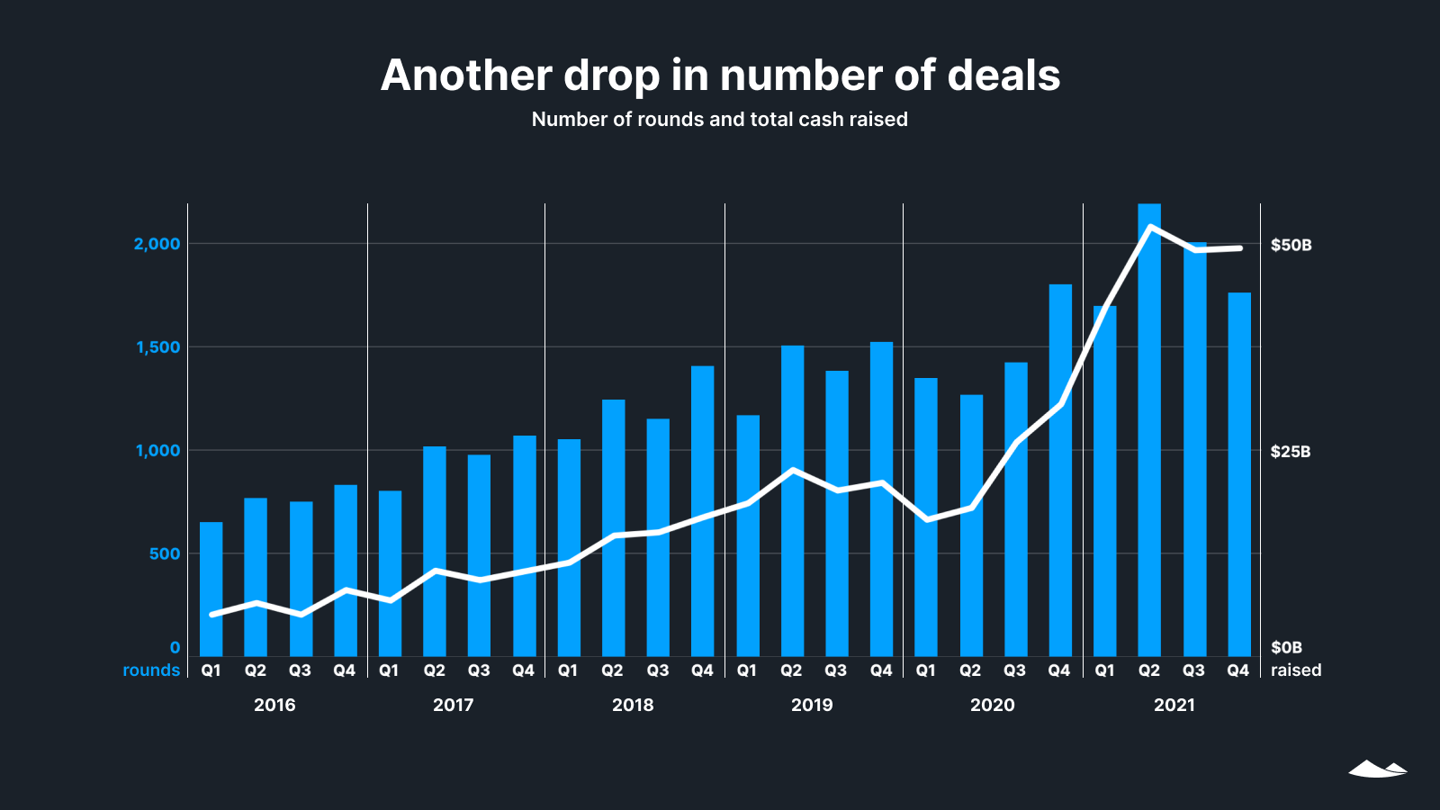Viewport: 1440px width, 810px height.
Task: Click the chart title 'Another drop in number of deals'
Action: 720,76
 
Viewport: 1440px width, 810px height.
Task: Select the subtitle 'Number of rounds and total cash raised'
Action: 720,120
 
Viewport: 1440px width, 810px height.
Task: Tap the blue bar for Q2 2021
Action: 1149,432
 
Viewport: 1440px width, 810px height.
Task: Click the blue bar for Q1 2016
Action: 211,589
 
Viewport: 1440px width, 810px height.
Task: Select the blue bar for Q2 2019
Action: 792,500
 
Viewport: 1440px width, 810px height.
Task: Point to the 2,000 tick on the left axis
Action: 157,244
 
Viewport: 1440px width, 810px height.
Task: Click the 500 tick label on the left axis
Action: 165,553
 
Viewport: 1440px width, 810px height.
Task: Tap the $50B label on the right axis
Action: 1291,245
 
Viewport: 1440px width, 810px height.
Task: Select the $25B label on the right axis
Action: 1290,452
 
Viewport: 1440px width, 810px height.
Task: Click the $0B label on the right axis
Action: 1286,647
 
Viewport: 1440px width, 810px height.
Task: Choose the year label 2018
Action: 633,705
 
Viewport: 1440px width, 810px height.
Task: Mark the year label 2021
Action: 1174,705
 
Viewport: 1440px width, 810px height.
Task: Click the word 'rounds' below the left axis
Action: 151,670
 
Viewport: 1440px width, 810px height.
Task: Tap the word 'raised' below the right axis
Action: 1296,670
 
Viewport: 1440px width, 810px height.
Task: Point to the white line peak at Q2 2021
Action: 1150,227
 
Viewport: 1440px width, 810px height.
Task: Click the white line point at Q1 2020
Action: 927,520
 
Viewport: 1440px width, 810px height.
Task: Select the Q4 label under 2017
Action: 523,670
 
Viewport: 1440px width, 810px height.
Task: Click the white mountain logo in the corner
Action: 1377,769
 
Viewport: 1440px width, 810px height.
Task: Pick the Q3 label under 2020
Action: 1014,670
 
